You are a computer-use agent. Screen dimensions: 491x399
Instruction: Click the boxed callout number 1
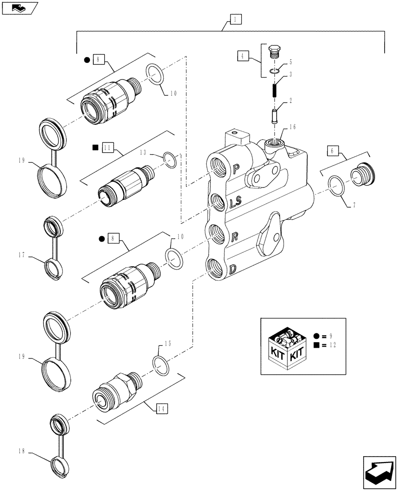tap(235, 20)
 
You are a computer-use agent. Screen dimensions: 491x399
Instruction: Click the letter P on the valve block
tap(236, 170)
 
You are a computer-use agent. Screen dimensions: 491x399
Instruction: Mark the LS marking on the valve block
tap(234, 202)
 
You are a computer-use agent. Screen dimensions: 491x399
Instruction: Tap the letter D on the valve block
tap(233, 269)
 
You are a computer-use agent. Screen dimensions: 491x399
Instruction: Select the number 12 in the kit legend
tap(333, 346)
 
